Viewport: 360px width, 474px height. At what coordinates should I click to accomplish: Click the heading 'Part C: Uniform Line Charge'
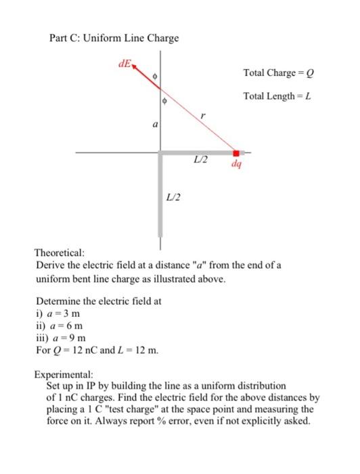115,37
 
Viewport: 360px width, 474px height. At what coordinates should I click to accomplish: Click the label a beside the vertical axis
155,125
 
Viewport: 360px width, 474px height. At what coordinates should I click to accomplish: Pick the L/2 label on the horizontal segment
199,159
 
